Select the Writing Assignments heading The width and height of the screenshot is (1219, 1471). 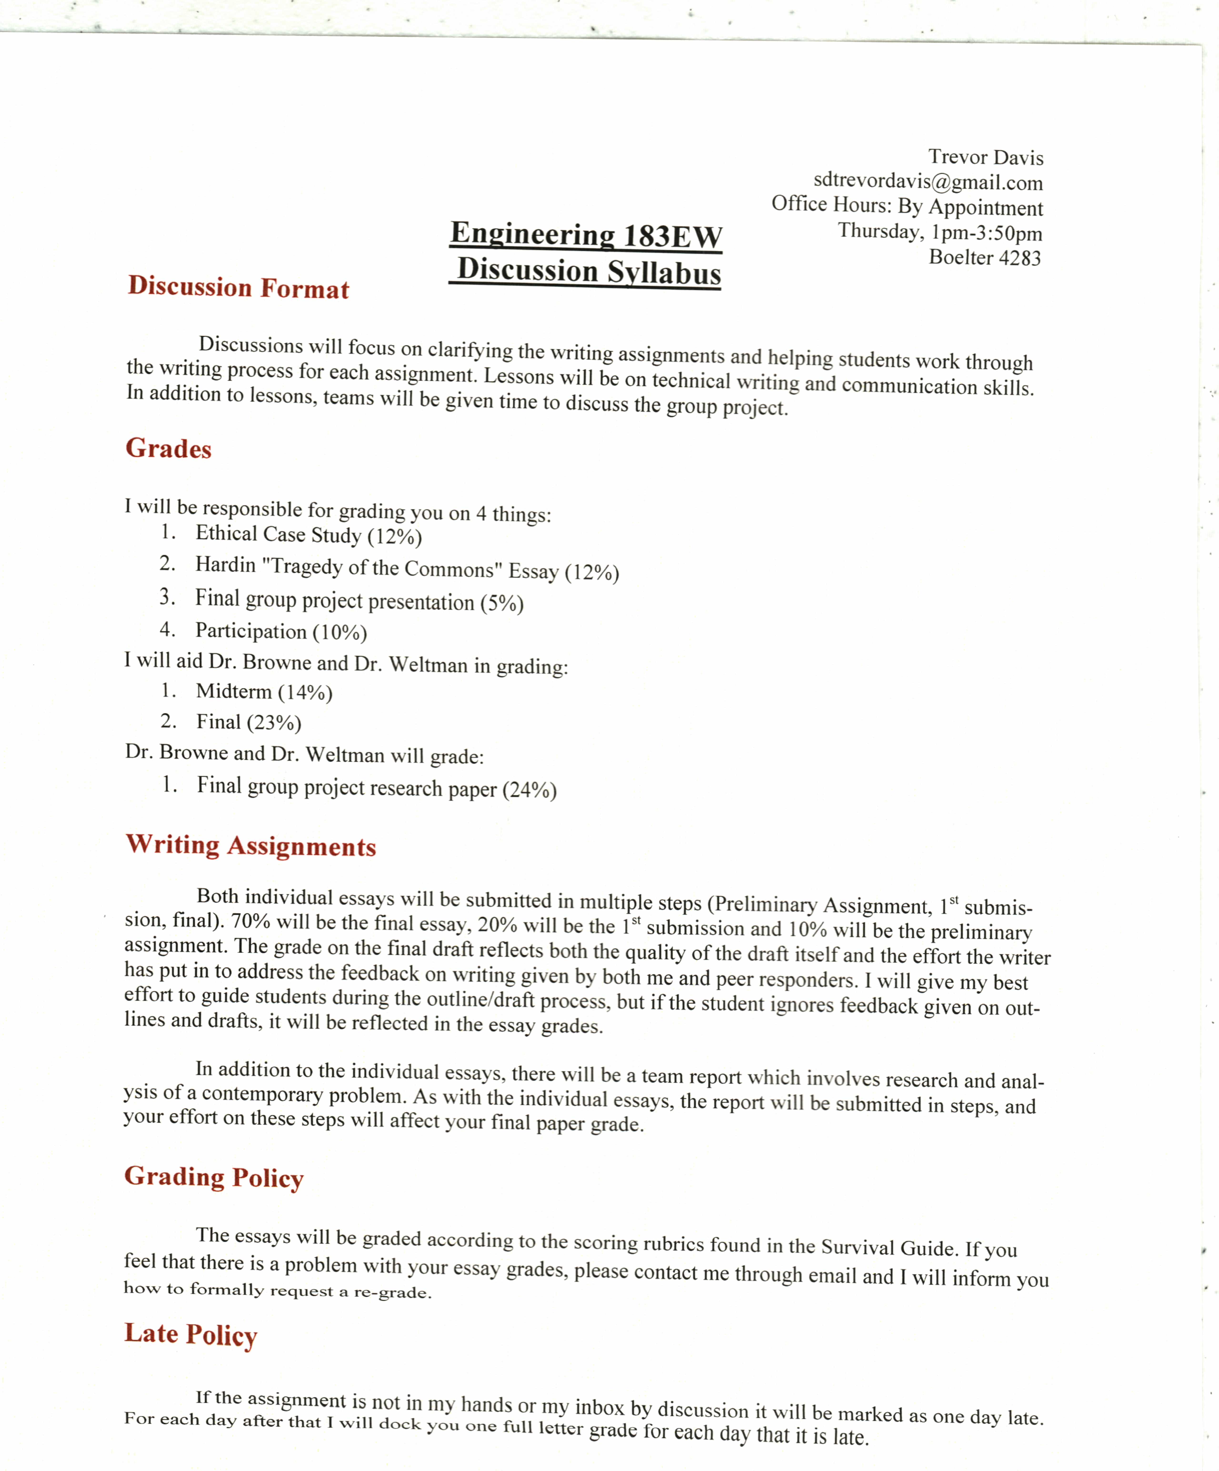coord(251,846)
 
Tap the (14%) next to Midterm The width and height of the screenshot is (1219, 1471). coord(305,693)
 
